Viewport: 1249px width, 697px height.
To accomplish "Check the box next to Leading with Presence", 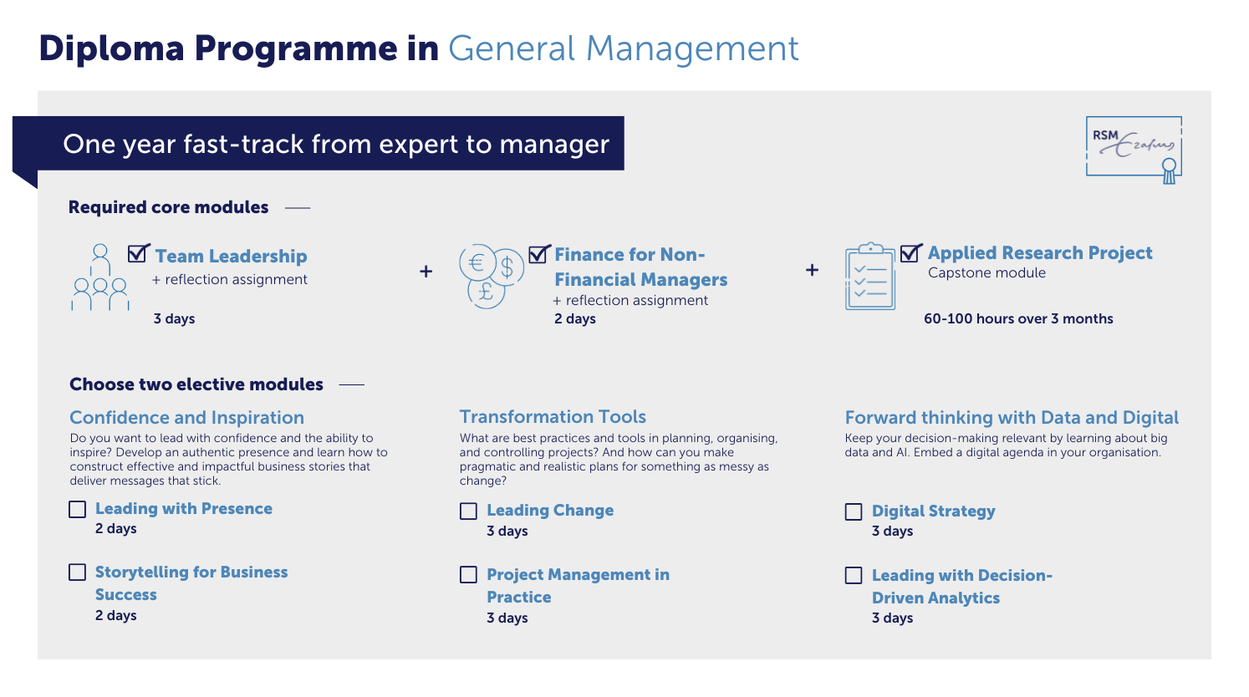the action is point(77,509).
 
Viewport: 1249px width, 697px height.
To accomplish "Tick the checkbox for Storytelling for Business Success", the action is point(77,572).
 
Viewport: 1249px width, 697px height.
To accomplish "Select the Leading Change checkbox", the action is point(468,511).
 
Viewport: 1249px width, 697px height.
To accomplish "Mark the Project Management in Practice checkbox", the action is point(468,574).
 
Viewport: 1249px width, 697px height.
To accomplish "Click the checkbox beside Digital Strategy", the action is point(853,511).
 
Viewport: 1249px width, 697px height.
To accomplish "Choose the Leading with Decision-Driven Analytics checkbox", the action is point(853,575).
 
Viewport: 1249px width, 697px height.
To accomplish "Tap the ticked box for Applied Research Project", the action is point(911,252).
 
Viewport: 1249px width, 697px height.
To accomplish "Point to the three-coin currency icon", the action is point(492,276).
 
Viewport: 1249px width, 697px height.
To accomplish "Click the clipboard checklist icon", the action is point(869,276).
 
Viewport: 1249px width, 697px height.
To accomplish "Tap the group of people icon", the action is point(100,277).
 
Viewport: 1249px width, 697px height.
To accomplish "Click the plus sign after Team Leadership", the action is point(426,271).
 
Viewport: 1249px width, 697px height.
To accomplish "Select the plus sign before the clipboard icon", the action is point(812,270).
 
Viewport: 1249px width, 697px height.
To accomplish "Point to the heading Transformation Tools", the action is point(553,416).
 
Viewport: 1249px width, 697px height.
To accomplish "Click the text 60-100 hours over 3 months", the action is point(1018,318).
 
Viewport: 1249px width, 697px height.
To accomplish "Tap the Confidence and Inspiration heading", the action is point(186,418).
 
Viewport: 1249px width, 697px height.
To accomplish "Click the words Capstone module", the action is point(986,272).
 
